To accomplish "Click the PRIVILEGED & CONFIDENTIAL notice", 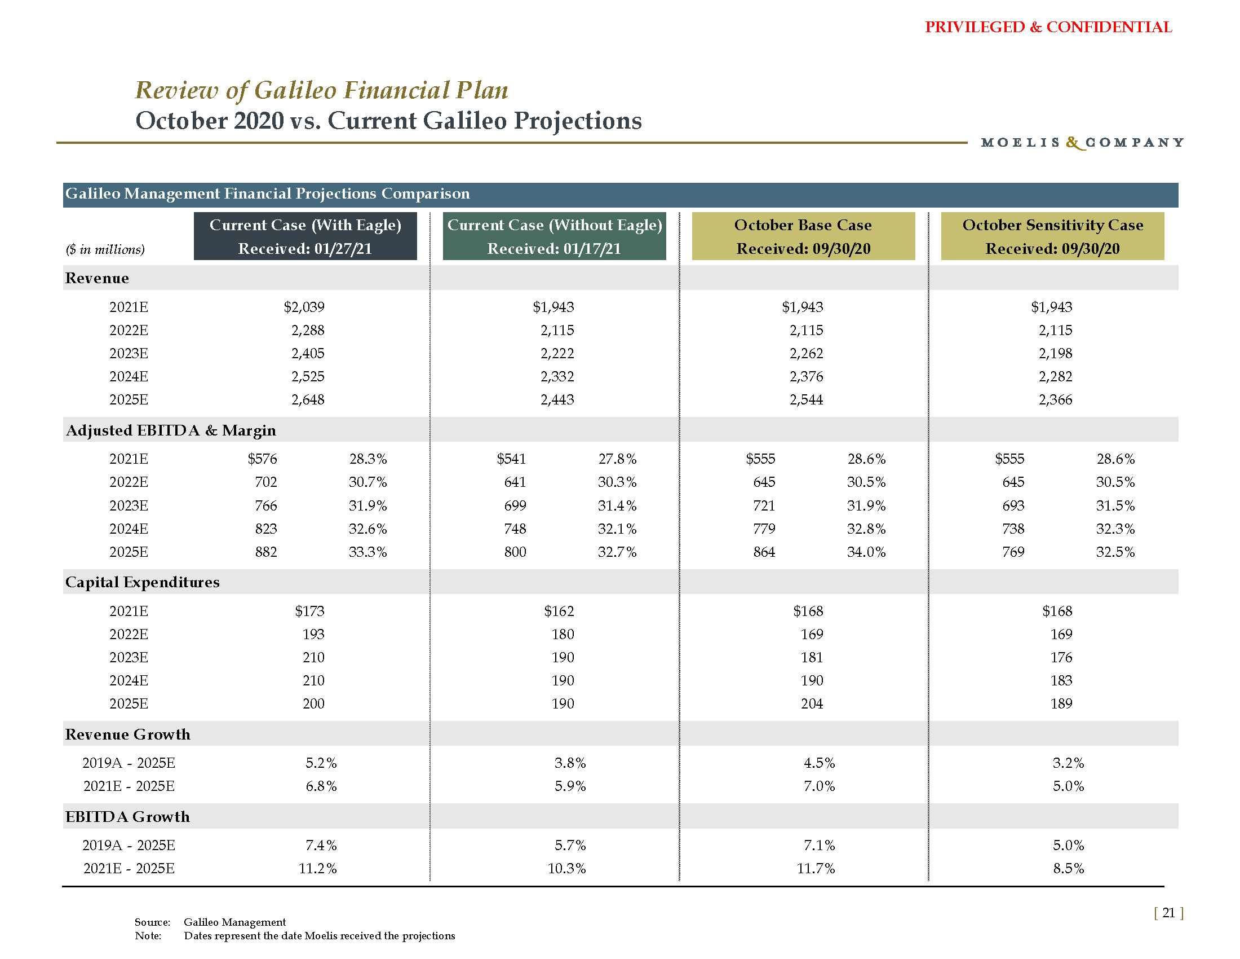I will pos(1048,27).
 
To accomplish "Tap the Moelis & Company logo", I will pos(1082,142).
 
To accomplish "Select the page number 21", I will pos(1168,912).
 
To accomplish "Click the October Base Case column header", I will pos(803,236).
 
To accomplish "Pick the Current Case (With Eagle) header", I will pos(305,236).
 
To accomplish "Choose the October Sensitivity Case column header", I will pos(1052,236).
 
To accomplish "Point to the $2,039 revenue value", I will pos(304,307).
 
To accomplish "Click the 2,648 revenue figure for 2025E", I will pos(308,400).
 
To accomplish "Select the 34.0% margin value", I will pos(866,552).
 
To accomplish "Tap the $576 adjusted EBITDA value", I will pos(262,459).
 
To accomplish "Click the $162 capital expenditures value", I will pos(559,612).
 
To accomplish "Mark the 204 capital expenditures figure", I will pos(811,704).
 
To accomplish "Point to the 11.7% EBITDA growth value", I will pos(816,869).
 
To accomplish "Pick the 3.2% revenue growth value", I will pos(1068,763).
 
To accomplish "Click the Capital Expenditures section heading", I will pos(143,582).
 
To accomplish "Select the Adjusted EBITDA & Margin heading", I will pos(171,430).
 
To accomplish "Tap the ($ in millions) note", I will pos(105,249).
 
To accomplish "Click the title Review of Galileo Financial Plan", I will pos(321,90).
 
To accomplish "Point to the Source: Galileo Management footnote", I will pos(210,922).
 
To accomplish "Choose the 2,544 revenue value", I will pos(805,400).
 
